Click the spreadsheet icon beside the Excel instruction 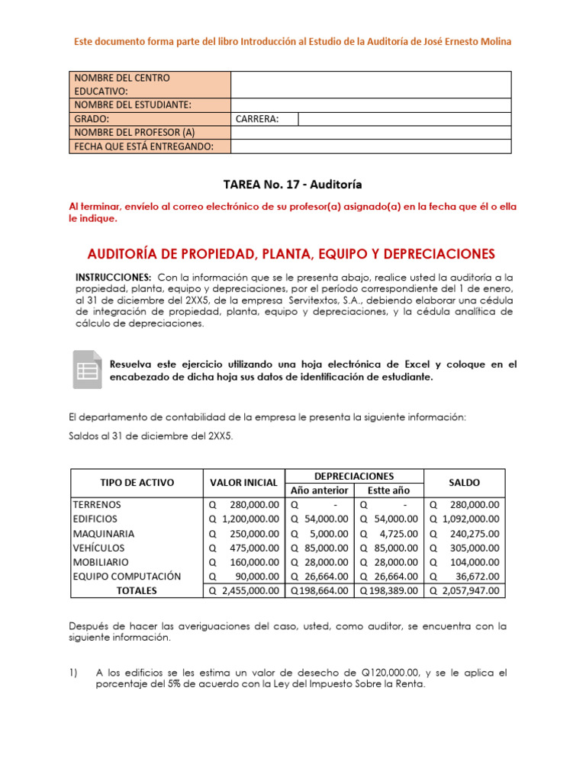87,370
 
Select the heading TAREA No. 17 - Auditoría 292,184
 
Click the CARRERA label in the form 257,119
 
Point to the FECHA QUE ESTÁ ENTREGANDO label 142,146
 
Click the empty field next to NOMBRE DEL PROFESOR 371,133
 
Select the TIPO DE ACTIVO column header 137,482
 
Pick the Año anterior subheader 320,490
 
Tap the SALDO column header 464,482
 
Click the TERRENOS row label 97,504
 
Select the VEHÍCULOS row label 98,548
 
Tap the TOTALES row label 137,590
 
